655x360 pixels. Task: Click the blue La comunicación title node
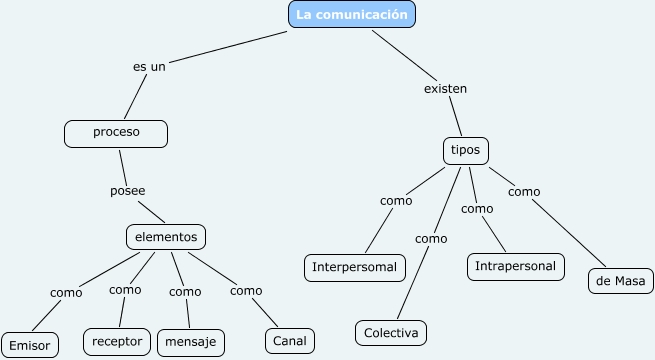tap(352, 15)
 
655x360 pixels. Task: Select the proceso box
tap(116, 132)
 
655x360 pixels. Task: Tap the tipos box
tap(465, 150)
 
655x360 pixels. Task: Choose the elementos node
tap(167, 237)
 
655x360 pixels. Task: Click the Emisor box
tap(29, 344)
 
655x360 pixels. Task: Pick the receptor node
tap(117, 340)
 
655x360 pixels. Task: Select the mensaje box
tap(191, 342)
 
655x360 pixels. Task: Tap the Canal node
tap(289, 341)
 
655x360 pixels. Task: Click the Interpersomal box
tap(355, 267)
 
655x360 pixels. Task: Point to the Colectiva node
tap(391, 332)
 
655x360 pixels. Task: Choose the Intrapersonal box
tap(516, 267)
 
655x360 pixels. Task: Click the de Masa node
tap(620, 281)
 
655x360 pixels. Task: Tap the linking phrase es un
tap(149, 67)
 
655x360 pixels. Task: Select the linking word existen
tap(446, 88)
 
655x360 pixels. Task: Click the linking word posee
tap(127, 190)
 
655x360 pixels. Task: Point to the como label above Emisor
tap(66, 292)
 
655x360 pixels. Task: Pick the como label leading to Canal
tap(246, 291)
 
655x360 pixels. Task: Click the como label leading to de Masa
tap(524, 191)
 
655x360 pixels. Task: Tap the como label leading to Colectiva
tap(431, 239)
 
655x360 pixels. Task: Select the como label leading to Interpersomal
tap(396, 200)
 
